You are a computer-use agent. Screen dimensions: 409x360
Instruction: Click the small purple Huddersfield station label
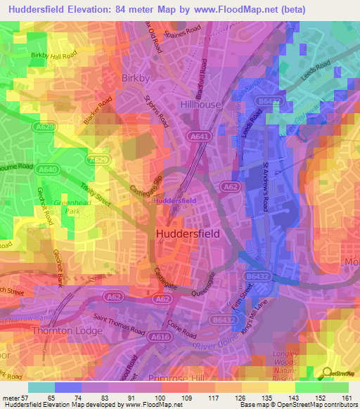(x=174, y=201)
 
